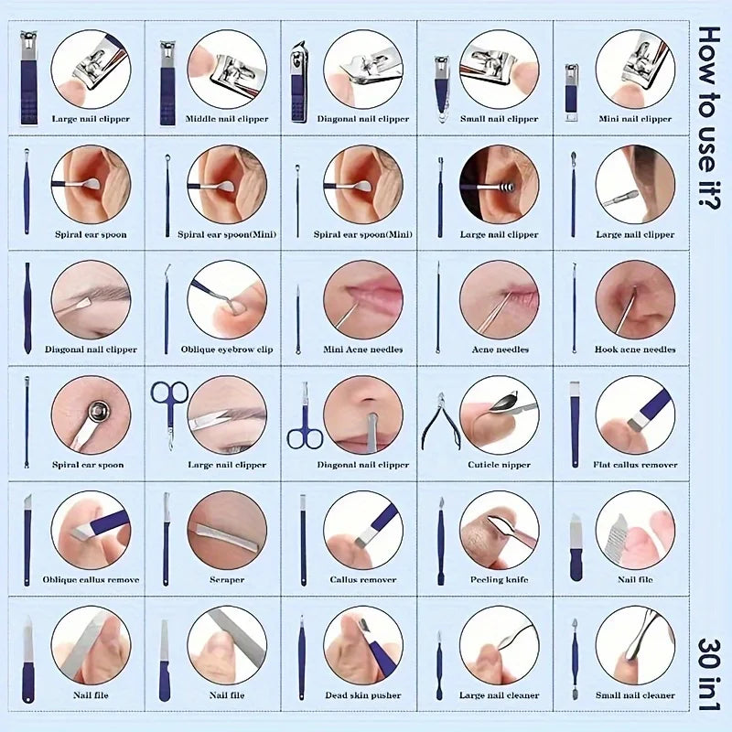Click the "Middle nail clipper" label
coord(227,119)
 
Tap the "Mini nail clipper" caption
coord(635,119)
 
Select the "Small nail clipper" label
coord(499,119)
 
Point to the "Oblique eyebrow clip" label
coord(226,350)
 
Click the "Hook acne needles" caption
coord(635,350)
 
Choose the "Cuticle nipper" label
coord(500,465)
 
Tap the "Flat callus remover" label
coord(635,465)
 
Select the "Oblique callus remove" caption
coord(91,580)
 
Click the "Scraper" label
coord(226,580)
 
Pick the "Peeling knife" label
coord(500,580)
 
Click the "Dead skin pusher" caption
coord(362,695)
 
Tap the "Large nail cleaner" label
coord(500,695)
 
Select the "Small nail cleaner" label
coord(635,695)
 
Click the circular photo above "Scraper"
coord(227,530)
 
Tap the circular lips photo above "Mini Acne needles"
coord(362,299)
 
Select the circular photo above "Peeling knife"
coord(499,530)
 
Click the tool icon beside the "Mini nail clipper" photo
coord(571,91)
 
